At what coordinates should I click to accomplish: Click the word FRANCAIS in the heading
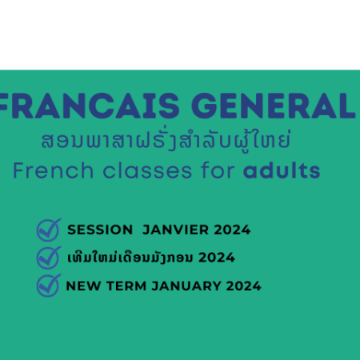point(89,106)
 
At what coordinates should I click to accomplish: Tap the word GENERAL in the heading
point(274,106)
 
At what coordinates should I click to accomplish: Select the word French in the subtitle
point(53,170)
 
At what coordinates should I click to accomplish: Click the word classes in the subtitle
point(147,170)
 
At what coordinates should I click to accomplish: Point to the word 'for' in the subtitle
point(218,170)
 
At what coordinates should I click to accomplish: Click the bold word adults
point(282,170)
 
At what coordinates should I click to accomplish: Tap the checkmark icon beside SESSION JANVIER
point(49,230)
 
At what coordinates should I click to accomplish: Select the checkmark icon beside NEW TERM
point(49,286)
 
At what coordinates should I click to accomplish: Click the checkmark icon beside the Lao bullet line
point(49,258)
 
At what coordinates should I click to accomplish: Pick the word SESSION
point(100,230)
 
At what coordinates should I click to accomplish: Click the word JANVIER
point(175,230)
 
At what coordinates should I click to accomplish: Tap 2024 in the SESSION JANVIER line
point(232,230)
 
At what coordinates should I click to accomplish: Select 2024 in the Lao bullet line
point(217,258)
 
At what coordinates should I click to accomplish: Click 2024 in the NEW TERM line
point(244,286)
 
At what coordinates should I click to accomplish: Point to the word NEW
point(83,286)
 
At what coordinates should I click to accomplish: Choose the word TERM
point(126,286)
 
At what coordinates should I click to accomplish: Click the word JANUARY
point(186,286)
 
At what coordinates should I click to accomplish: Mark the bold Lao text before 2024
point(130,258)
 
